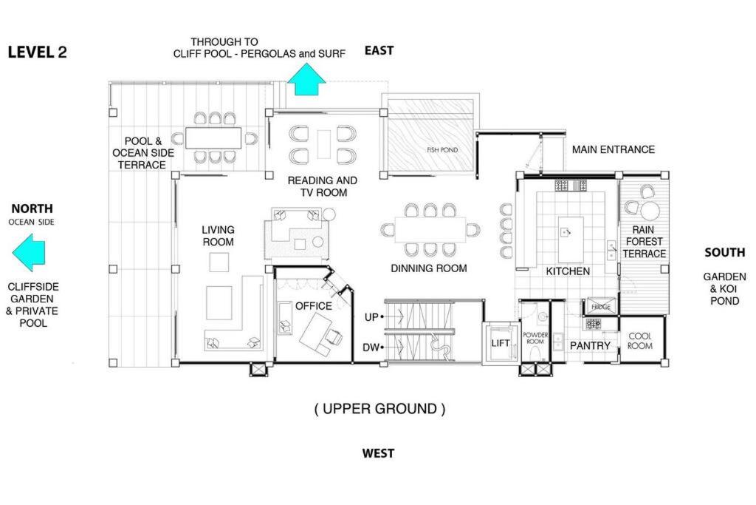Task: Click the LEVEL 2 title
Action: tap(37, 52)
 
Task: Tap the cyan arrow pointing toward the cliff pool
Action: tap(306, 80)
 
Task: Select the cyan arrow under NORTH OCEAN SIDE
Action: tap(29, 252)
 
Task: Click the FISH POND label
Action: tap(442, 150)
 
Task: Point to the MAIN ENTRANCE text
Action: tap(614, 149)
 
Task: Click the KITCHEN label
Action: tap(568, 271)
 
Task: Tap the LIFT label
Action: tap(501, 343)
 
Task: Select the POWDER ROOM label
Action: tap(535, 338)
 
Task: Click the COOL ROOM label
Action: tap(640, 341)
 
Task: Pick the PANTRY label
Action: tap(590, 346)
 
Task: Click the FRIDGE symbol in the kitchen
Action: tap(600, 307)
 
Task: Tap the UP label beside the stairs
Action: tap(371, 317)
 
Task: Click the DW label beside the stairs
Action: tap(371, 348)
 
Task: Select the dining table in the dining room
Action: tap(430, 230)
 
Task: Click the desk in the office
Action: tap(317, 334)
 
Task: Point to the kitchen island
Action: tap(571, 240)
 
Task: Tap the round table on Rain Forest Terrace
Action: tap(650, 211)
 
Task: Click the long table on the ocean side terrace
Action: tap(213, 138)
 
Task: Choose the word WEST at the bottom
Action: tap(379, 453)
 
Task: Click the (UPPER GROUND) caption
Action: tap(380, 409)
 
